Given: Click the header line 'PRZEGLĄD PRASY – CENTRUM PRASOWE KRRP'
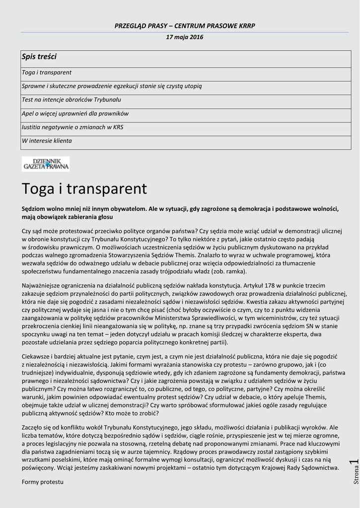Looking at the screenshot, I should (x=185, y=26).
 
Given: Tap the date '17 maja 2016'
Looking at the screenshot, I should (x=185, y=37).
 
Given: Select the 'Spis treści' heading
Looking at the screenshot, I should (x=39, y=57).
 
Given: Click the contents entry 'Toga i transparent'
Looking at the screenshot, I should (x=47, y=72).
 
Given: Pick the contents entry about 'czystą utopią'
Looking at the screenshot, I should (x=112, y=86).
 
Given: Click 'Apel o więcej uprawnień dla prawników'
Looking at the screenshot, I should (x=75, y=114).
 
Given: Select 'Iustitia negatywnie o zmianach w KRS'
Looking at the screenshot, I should (x=72, y=127).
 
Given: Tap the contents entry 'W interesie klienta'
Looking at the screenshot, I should (x=47, y=141).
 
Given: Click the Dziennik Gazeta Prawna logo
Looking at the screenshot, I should (x=46, y=164).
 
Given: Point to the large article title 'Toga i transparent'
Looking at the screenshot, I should (x=84, y=189).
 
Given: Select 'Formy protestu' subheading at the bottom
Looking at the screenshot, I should (x=43, y=482).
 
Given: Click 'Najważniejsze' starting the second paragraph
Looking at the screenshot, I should (x=41, y=285).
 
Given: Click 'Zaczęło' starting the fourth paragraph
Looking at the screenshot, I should (x=33, y=427).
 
